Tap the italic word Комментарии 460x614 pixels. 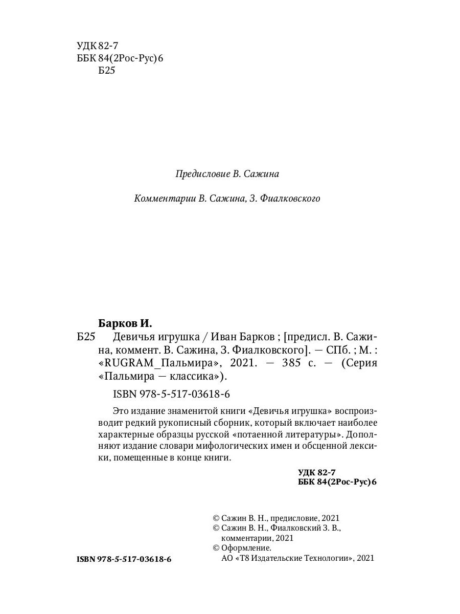tap(164, 199)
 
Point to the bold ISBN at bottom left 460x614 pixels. tap(124, 560)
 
